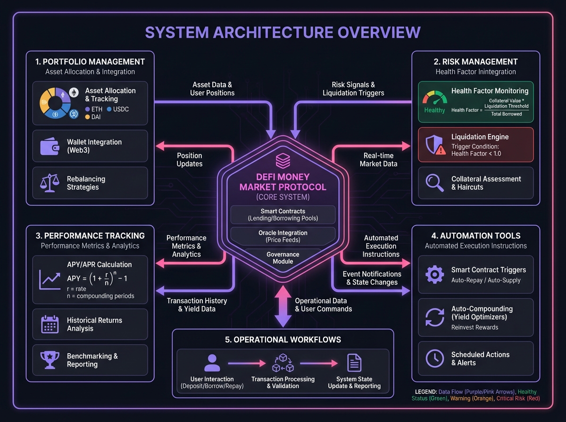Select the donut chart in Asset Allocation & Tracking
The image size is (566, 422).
click(x=56, y=102)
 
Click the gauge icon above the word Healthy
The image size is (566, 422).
click(x=434, y=97)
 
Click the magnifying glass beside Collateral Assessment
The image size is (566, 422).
click(x=434, y=183)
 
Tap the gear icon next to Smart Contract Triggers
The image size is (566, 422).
click(x=434, y=275)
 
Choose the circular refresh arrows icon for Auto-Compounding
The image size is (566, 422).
click(x=434, y=317)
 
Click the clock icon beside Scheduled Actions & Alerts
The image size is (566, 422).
click(x=434, y=358)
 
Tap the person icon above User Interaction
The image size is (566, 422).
click(x=212, y=363)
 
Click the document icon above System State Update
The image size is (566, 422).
click(x=354, y=363)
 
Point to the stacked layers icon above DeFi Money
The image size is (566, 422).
click(x=283, y=160)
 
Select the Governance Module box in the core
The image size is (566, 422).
click(x=283, y=258)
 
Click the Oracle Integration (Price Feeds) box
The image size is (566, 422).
click(x=283, y=236)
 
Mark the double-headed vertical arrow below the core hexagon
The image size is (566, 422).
click(x=283, y=305)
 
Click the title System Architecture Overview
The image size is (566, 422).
click(x=283, y=32)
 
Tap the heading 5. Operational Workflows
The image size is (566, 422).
click(x=283, y=340)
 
